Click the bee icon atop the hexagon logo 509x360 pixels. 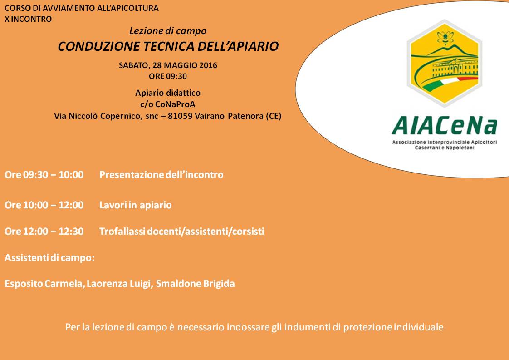pyautogui.click(x=445, y=37)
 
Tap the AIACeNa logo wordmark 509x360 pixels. pyautogui.click(x=445, y=126)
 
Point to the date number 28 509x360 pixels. pyautogui.click(x=157, y=65)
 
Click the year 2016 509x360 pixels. pyautogui.click(x=208, y=65)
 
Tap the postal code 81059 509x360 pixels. pyautogui.click(x=180, y=116)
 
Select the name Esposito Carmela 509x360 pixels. pyautogui.click(x=45, y=284)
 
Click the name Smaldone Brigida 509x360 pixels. pyautogui.click(x=195, y=284)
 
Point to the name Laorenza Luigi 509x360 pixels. pyautogui.click(x=119, y=284)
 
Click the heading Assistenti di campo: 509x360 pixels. pyautogui.click(x=49, y=258)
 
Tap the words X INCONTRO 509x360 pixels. pyautogui.click(x=28, y=19)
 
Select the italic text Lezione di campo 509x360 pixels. pyautogui.click(x=168, y=31)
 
